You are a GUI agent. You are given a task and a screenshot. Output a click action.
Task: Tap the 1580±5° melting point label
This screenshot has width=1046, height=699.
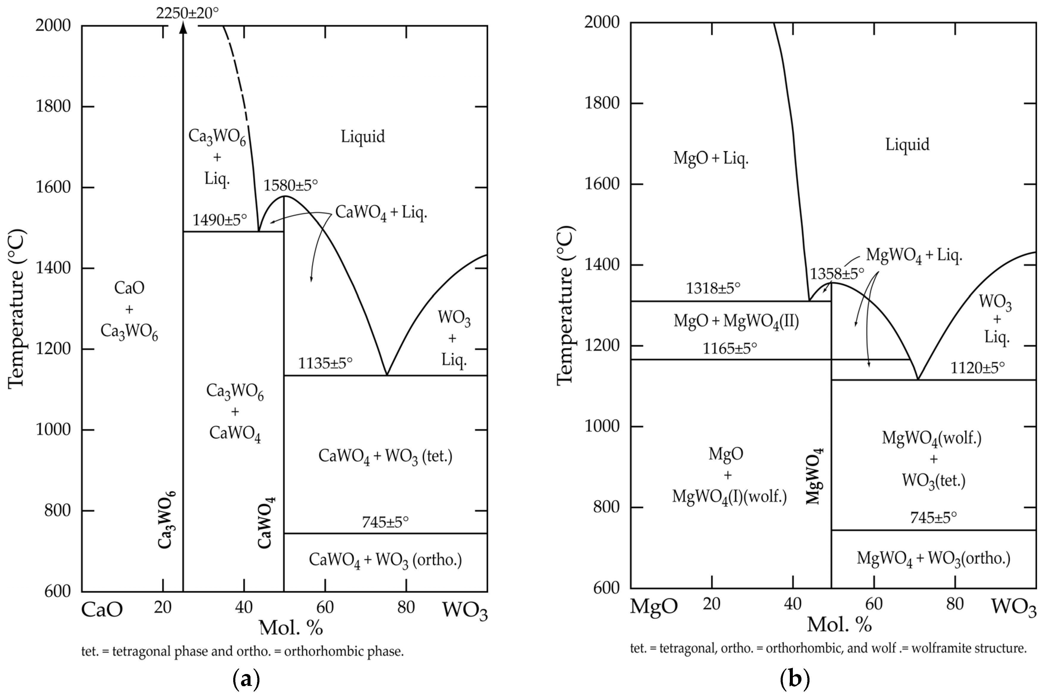pos(290,185)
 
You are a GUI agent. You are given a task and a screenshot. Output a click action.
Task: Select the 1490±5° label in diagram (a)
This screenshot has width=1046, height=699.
pos(219,220)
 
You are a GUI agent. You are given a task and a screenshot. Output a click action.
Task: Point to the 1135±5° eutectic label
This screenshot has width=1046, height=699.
pos(325,363)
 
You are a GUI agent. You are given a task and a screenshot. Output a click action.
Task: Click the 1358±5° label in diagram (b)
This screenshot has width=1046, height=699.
pos(837,273)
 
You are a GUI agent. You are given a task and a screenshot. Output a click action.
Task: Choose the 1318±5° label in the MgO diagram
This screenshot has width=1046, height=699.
pos(713,289)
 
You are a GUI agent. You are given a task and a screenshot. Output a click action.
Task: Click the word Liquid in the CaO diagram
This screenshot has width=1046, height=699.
pos(362,137)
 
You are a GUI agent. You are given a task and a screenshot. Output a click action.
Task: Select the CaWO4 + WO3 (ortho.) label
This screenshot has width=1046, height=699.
pos(385,559)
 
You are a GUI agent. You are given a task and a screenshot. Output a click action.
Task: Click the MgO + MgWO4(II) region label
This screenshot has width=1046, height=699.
pos(736,321)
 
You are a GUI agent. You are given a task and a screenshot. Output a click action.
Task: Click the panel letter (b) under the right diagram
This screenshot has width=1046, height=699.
pos(795,679)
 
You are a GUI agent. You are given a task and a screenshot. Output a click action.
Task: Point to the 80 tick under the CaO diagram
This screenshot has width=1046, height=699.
pos(406,607)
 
